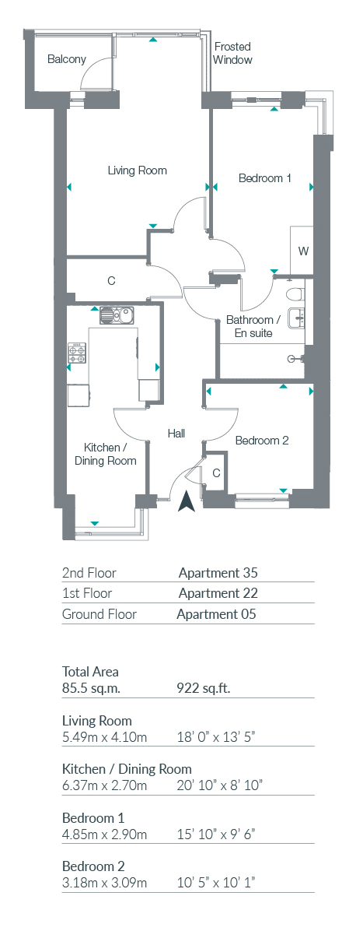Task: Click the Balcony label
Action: pos(66,59)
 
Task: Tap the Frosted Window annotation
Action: pos(232,53)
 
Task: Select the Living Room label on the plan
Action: pos(137,170)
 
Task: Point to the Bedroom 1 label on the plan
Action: pos(264,177)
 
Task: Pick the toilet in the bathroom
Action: pos(295,295)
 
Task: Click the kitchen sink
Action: pos(119,315)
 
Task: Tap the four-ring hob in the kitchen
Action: pos(79,353)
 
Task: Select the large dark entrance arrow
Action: pos(187,501)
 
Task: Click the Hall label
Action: pos(176,434)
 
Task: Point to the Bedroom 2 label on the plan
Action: pos(262,441)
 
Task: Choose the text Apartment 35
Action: pos(218,573)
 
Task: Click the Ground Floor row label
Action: pos(99,614)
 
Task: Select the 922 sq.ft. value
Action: pos(204,688)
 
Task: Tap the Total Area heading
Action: pos(90,672)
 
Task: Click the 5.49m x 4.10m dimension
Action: pos(104,737)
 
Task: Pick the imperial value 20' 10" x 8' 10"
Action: pos(219,785)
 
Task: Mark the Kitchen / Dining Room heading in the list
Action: pos(127,769)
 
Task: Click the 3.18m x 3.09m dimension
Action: pos(104,883)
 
